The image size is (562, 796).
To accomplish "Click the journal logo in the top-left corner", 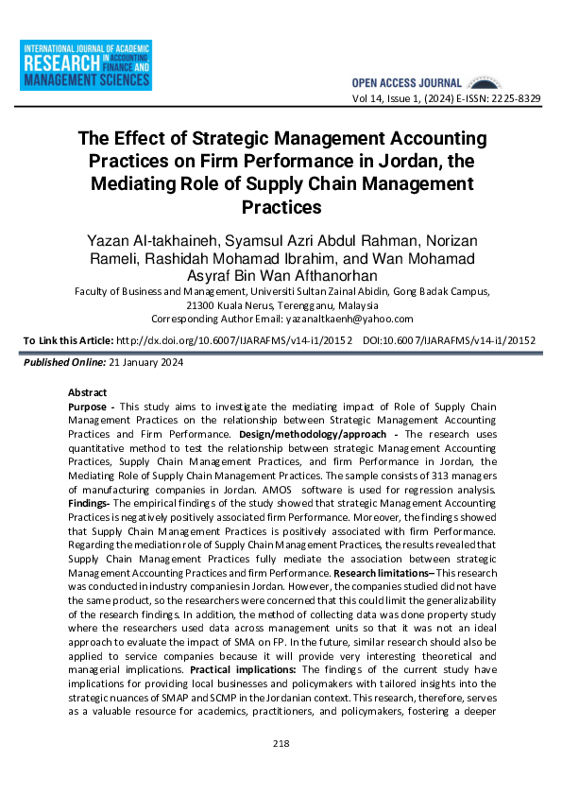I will (x=86, y=66).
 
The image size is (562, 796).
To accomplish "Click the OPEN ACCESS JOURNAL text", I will (x=406, y=83).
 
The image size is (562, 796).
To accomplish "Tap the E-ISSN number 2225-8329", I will (x=514, y=98).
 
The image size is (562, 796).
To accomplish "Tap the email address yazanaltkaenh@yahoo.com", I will (x=353, y=320).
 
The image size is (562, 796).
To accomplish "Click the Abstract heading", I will (x=88, y=392).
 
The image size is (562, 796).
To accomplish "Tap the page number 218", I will (x=281, y=744).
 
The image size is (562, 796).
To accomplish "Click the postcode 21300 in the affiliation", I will (x=203, y=306).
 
